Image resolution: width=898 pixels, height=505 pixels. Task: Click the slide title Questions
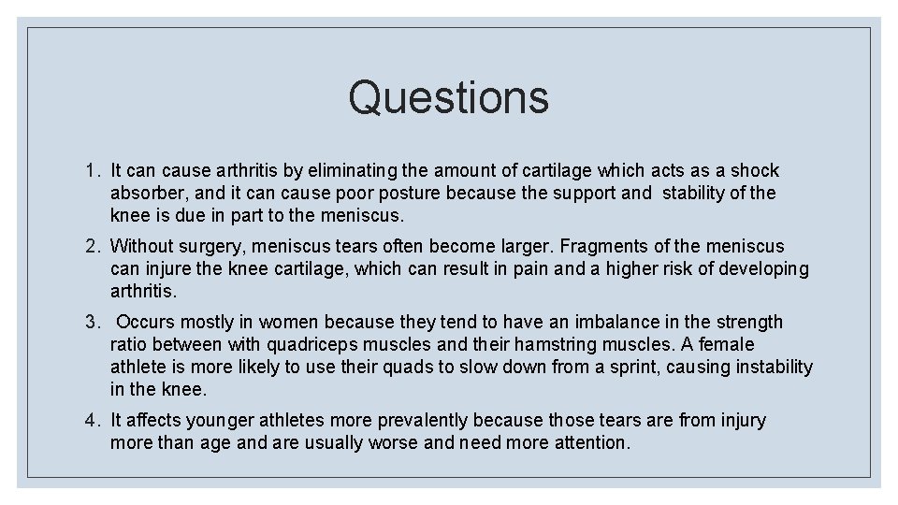pyautogui.click(x=448, y=96)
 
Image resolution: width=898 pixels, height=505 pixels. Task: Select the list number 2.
pyautogui.click(x=91, y=247)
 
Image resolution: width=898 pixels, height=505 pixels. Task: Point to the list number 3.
pyautogui.click(x=91, y=323)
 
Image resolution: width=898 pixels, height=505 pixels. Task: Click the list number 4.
pyautogui.click(x=91, y=421)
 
